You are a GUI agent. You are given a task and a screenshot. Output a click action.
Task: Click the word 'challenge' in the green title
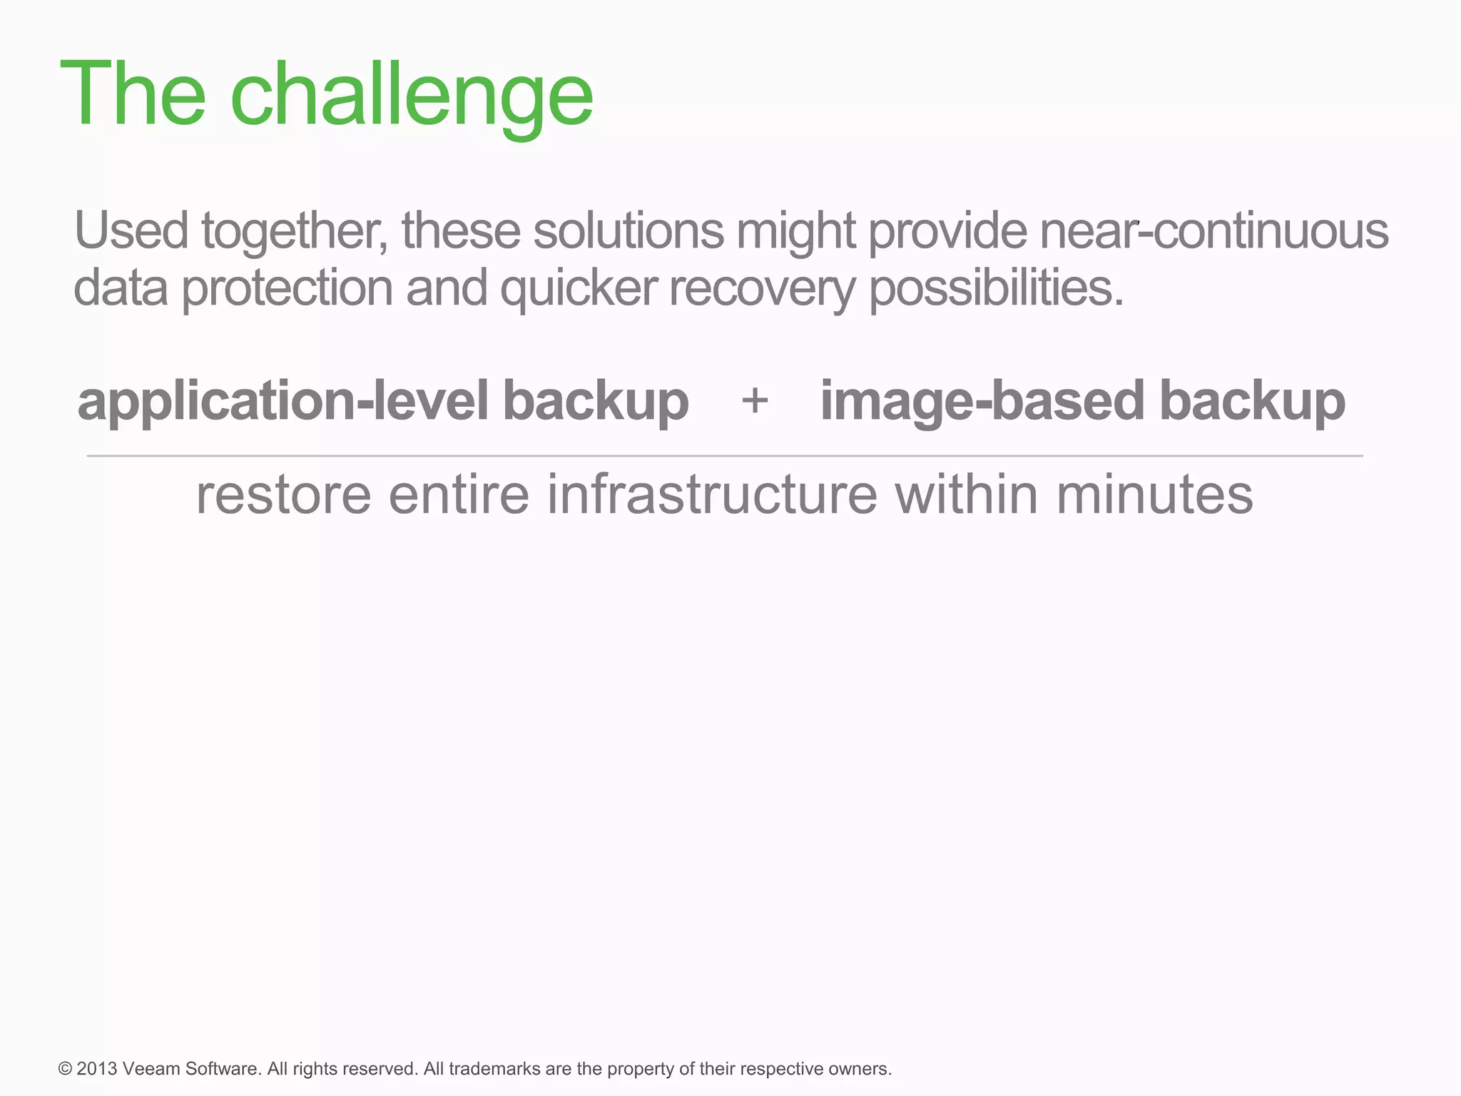click(x=412, y=95)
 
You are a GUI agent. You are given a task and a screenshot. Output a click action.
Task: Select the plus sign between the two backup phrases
click(x=755, y=401)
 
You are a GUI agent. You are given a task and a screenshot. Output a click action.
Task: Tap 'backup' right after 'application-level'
click(x=596, y=402)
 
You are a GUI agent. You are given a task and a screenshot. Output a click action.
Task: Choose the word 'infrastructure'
click(x=712, y=494)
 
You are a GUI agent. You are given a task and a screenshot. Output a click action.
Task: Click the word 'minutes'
click(x=1154, y=494)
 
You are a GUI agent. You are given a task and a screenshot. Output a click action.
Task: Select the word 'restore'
click(x=284, y=494)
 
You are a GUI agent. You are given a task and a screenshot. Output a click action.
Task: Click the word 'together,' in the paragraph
click(x=295, y=232)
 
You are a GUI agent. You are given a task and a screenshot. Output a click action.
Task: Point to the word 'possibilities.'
click(x=996, y=289)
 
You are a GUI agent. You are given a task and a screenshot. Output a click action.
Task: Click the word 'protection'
click(x=287, y=289)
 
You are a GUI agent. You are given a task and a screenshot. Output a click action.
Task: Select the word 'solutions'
click(x=628, y=230)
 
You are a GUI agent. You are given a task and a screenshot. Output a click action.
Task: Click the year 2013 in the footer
click(x=96, y=1069)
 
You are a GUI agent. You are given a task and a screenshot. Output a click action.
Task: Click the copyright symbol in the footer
click(x=66, y=1069)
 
